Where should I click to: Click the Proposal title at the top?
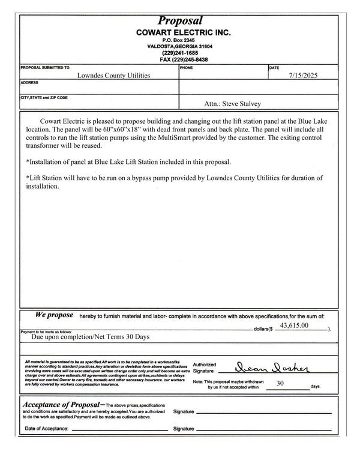[x=179, y=21]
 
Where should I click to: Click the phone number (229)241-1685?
[x=179, y=53]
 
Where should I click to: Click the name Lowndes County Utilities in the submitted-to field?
[x=114, y=76]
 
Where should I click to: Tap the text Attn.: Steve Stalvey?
[x=233, y=103]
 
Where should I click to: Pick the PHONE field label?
[x=186, y=68]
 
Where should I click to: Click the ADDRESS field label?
[x=30, y=82]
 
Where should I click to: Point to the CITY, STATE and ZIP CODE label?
[x=44, y=97]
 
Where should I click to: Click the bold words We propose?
[x=54, y=315]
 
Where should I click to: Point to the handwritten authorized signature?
[x=265, y=368]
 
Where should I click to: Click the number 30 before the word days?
[x=280, y=383]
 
